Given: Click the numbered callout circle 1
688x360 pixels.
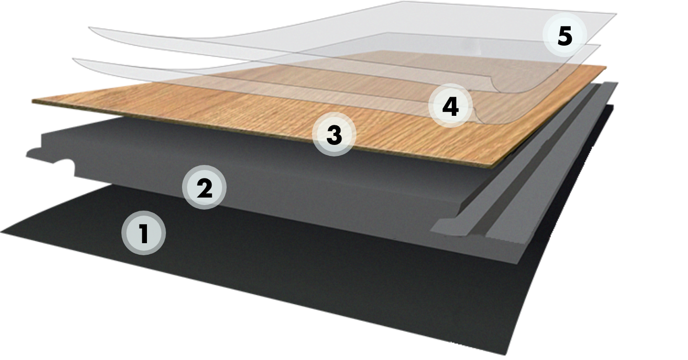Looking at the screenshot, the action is pos(144,234).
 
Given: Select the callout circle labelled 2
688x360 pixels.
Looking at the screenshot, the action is pos(204,188).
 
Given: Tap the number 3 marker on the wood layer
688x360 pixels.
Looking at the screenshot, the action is pos(334,134).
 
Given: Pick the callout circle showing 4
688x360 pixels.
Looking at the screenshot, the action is pos(451,106).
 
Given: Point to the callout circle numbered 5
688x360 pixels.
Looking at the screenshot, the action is pos(565,35).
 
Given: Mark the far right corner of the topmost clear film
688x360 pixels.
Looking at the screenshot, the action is pos(615,14).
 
